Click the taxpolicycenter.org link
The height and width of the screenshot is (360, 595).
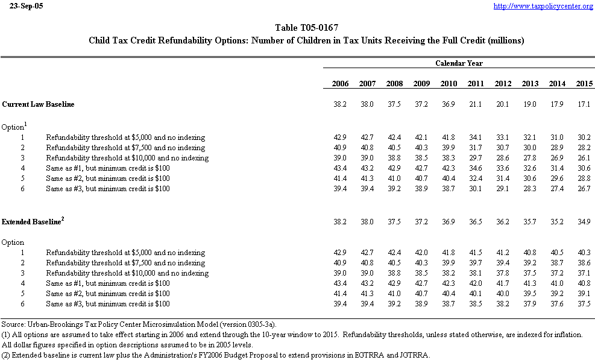(543, 6)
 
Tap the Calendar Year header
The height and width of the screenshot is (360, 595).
(459, 63)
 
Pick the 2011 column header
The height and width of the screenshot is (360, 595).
(476, 83)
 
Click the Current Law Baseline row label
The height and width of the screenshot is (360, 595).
(39, 104)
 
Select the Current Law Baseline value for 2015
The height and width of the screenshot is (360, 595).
(584, 104)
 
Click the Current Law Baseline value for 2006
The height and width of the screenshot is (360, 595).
(340, 104)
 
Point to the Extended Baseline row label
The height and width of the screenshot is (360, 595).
(31, 222)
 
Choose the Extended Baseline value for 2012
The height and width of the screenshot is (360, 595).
(503, 222)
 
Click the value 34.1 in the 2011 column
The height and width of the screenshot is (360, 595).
(476, 137)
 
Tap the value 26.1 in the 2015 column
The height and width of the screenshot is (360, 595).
(584, 158)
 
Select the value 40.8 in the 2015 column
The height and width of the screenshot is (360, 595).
(584, 283)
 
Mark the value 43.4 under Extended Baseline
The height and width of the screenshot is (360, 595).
(340, 283)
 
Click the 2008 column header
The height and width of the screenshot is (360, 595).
(394, 83)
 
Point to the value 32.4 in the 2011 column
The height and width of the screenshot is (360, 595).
(476, 178)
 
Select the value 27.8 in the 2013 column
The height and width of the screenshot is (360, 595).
(530, 158)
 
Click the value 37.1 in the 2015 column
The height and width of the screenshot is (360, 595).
(584, 273)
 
